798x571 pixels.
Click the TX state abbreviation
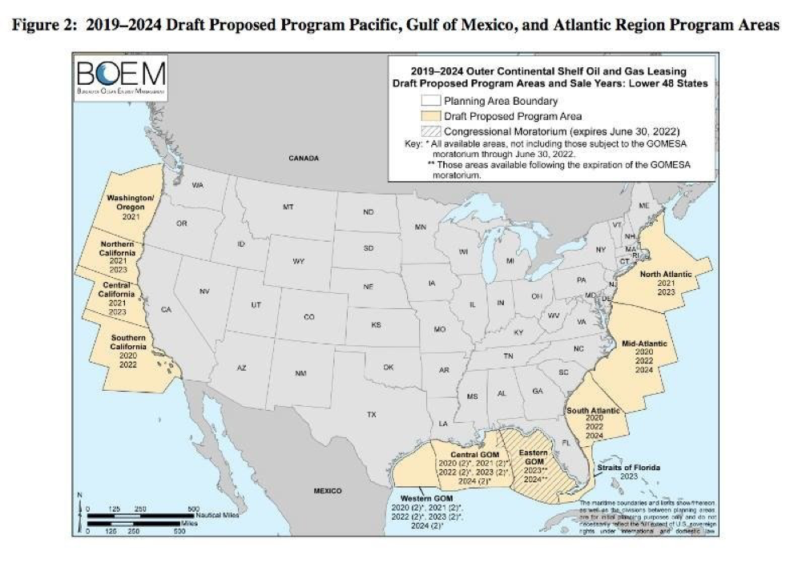371,415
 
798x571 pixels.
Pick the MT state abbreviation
288,207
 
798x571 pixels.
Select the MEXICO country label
327,490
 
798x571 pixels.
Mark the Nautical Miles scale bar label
219,515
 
